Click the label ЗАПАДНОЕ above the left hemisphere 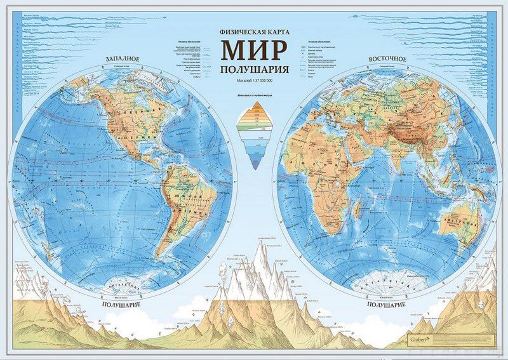click(119, 60)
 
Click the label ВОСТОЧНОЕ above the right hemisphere click(387, 59)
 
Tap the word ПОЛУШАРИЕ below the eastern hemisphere click(384, 305)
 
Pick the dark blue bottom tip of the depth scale click(254, 166)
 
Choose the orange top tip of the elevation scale click(254, 105)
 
